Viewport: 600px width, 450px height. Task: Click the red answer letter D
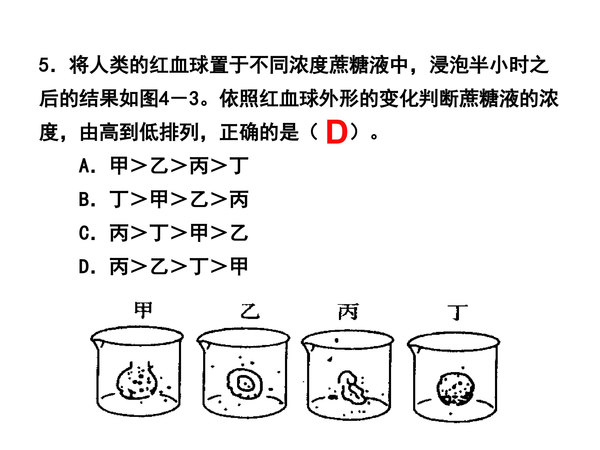337,132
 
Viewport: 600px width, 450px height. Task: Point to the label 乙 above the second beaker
250,311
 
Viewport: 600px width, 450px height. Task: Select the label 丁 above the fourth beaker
458,312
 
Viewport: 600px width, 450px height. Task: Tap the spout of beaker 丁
414,349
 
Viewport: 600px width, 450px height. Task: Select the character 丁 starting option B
119,199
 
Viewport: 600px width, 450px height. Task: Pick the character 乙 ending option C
239,233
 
